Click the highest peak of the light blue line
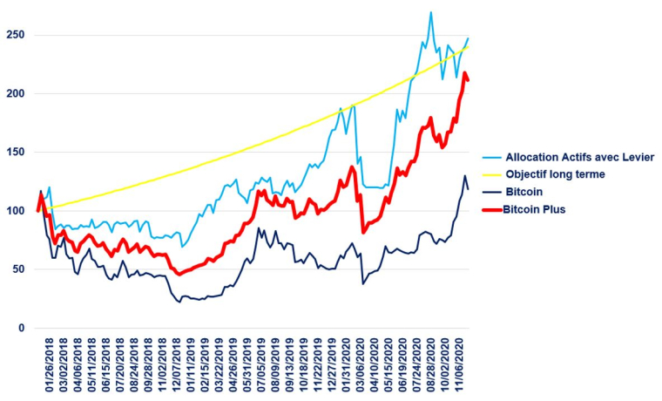430,13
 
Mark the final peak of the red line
465,74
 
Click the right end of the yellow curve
468,44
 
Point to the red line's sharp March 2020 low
364,231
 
